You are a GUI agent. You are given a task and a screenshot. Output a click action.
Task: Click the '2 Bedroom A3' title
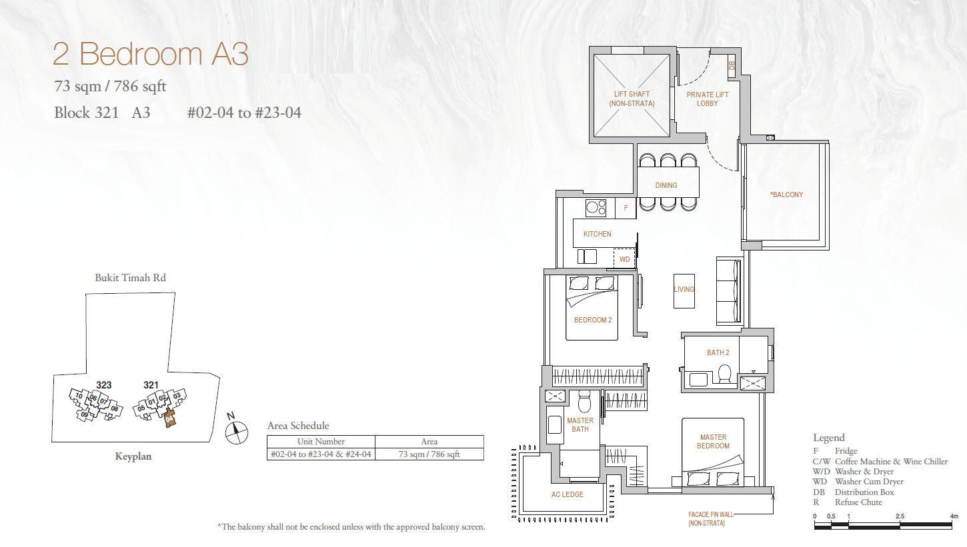[x=151, y=54]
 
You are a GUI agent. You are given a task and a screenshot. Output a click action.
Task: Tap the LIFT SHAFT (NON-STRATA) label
[x=632, y=99]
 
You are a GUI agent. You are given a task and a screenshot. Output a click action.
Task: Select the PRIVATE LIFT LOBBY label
[x=707, y=99]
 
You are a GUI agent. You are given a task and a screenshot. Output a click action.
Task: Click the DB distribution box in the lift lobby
[x=732, y=65]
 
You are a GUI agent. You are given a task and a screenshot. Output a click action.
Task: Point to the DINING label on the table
[x=666, y=185]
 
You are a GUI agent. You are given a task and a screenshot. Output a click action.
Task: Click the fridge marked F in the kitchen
[x=626, y=208]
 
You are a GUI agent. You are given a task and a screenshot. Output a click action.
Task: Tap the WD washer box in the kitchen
[x=624, y=259]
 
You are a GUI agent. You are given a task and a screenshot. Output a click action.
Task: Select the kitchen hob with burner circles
[x=596, y=209]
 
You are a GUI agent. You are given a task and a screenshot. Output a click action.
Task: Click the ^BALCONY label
[x=786, y=195]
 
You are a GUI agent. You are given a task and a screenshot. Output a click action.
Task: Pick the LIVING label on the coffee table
[x=684, y=289]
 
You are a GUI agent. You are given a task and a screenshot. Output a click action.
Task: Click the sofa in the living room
[x=730, y=291]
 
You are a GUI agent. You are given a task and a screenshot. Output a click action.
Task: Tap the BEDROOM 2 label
[x=593, y=320]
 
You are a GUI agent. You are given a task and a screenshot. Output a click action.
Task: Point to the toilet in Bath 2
[x=724, y=374]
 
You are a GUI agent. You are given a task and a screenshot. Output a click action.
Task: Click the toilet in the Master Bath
[x=584, y=402]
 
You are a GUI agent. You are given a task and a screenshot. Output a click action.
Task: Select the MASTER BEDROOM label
[x=713, y=441]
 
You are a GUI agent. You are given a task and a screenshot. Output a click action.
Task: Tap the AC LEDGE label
[x=567, y=494]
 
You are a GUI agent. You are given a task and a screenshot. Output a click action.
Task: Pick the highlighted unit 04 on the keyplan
[x=169, y=418]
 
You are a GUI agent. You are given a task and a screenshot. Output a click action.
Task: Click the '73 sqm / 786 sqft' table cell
[x=429, y=454]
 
